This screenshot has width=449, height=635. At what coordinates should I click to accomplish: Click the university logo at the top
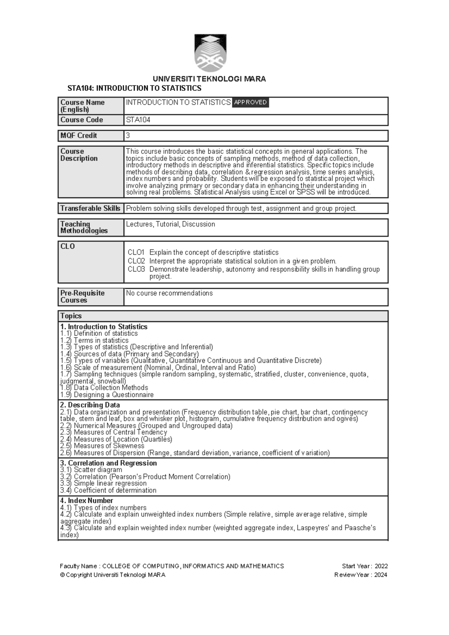tap(210, 53)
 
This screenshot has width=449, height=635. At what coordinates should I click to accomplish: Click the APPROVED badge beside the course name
tap(250, 102)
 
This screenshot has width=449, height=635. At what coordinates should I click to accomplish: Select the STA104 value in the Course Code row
tap(138, 120)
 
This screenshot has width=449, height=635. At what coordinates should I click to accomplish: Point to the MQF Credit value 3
tap(128, 135)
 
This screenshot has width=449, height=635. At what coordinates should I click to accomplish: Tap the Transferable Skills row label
tap(90, 208)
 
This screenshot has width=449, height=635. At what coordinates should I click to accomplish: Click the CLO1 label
tap(136, 252)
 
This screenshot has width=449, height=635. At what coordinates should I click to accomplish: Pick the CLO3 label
tap(136, 269)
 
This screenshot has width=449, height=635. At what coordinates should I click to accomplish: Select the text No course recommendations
tap(169, 293)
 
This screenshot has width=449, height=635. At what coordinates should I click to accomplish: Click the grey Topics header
tap(223, 316)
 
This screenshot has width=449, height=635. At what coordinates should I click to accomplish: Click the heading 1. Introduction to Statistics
tap(104, 327)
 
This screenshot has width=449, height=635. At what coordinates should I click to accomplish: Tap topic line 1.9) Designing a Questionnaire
tap(107, 395)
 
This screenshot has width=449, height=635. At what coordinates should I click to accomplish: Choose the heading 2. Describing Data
tap(90, 405)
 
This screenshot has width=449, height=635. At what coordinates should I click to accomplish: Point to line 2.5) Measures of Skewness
tap(102, 446)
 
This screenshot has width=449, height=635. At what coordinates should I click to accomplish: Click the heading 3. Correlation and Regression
tap(108, 463)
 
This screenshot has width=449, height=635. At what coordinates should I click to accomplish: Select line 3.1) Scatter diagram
tap(91, 470)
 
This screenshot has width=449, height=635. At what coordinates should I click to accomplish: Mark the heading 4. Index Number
tap(86, 500)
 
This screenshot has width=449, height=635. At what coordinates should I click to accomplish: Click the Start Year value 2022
tap(381, 566)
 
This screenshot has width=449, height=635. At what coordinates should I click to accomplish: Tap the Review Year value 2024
tap(381, 575)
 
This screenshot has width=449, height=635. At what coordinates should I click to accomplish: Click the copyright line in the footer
tap(112, 575)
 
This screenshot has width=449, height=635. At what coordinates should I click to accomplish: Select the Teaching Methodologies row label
tap(84, 227)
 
